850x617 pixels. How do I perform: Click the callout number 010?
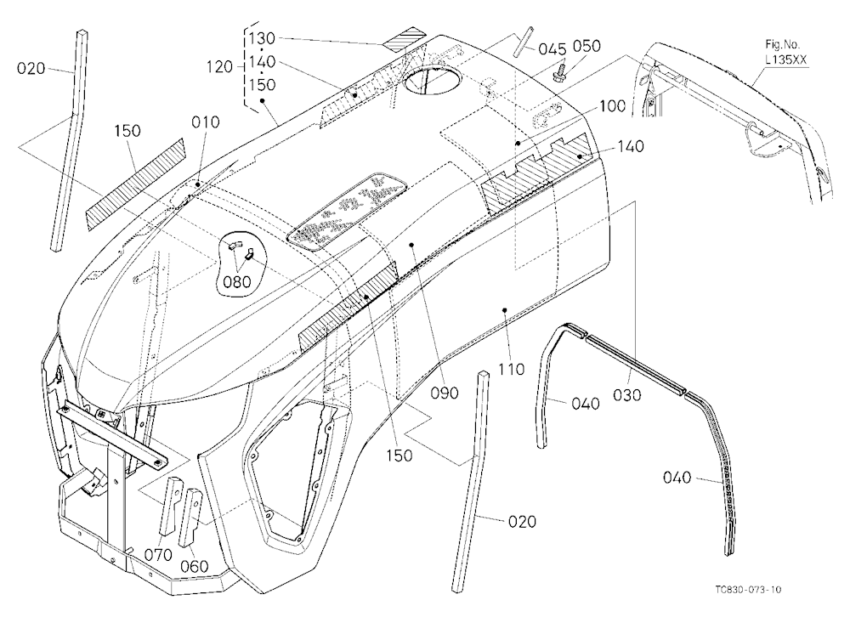click(206, 122)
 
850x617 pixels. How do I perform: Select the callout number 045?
click(552, 49)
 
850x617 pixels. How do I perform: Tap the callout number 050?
click(587, 46)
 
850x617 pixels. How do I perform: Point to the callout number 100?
click(613, 105)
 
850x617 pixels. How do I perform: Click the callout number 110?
click(511, 369)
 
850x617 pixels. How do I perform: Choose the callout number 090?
click(445, 393)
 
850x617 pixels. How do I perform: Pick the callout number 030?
click(627, 395)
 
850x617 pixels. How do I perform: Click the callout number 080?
click(237, 281)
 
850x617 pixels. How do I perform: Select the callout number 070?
click(158, 555)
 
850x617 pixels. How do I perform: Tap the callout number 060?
click(194, 567)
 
